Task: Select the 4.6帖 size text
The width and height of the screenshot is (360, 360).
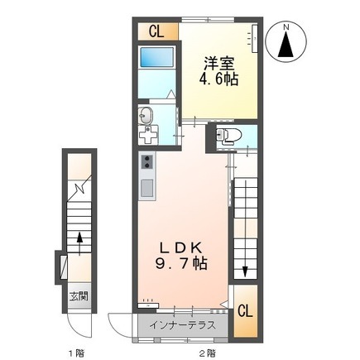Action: [x=218, y=81]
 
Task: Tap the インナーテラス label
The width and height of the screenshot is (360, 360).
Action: [x=183, y=324]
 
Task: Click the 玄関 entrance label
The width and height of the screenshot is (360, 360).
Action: [x=77, y=296]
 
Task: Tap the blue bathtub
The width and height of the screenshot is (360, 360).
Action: [x=156, y=60]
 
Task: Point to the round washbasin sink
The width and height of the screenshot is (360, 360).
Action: [x=146, y=113]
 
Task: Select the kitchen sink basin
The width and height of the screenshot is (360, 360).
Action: [x=147, y=189]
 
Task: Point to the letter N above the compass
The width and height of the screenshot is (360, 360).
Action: [x=286, y=26]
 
